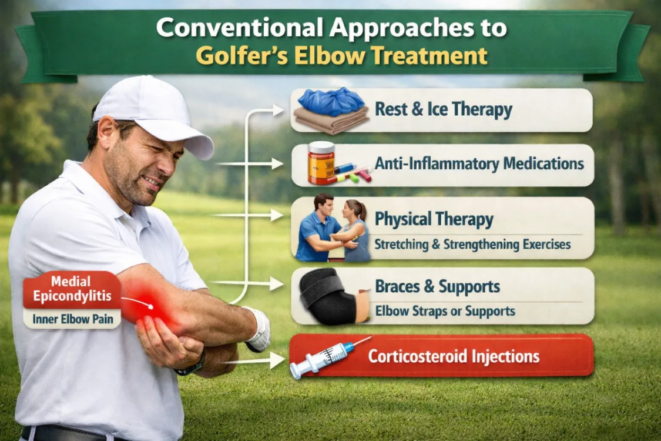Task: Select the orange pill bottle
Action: [x=321, y=163]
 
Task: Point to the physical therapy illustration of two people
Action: [x=332, y=229]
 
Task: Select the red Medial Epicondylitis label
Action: [x=72, y=289]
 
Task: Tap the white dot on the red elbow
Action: [x=151, y=306]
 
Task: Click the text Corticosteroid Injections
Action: [x=454, y=356]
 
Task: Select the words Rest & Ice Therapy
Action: [x=443, y=110]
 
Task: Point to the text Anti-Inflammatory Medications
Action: [x=479, y=163]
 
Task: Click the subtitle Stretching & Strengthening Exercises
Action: [x=472, y=243]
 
